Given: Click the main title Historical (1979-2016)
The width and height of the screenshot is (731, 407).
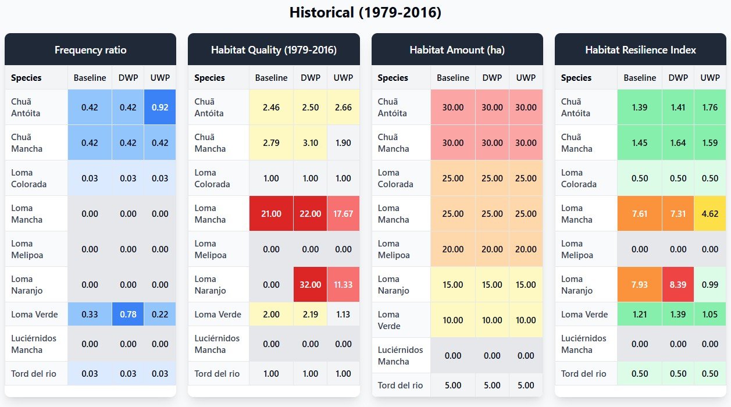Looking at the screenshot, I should [365, 12].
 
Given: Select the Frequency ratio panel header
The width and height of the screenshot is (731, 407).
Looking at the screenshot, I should [90, 50].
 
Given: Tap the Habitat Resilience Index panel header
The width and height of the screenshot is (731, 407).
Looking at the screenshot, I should [640, 50].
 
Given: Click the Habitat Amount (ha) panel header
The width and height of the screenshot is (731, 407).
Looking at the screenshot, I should [457, 50].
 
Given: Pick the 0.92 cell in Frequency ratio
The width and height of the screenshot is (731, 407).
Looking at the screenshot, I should [160, 108].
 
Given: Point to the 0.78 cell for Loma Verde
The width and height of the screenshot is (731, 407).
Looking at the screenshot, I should [128, 315].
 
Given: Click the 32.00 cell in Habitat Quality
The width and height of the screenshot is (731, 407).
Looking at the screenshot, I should [310, 285].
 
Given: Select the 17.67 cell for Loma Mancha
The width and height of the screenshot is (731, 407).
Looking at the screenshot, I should [343, 214].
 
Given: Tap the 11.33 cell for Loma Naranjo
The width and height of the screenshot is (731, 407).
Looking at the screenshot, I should [343, 285].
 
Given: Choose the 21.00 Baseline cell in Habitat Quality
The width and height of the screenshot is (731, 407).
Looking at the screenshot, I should [271, 214].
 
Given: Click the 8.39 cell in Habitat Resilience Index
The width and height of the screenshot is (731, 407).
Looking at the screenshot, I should [677, 285].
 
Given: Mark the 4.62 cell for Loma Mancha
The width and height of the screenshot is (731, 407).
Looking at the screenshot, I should [709, 214].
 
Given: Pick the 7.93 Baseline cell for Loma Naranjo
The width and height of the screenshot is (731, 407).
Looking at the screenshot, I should [640, 285].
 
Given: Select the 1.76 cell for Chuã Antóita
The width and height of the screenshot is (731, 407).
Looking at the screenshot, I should [709, 108].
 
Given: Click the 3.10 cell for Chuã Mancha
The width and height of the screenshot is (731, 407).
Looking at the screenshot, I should [310, 143].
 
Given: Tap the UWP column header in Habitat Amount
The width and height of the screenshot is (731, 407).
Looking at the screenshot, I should [526, 78].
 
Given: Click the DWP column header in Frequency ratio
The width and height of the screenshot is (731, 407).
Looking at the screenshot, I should [128, 78].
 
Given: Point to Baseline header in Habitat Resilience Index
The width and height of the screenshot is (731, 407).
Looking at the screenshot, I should [640, 78].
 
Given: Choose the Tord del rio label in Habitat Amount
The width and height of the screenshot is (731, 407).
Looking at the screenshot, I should [401, 385].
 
